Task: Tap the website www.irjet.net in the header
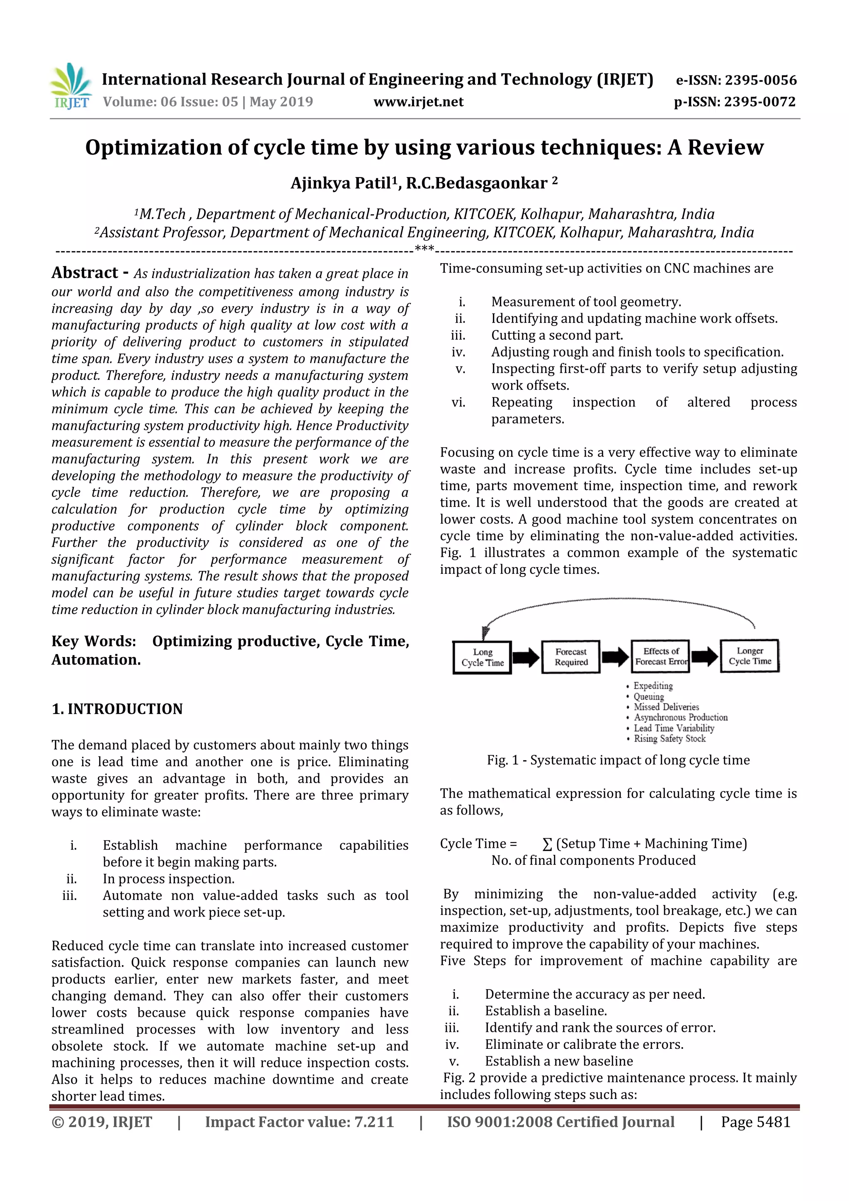click(x=418, y=102)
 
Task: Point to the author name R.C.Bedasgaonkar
click(x=477, y=183)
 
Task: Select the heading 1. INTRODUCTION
click(x=117, y=709)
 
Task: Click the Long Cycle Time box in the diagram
click(x=482, y=657)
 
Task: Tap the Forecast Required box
click(x=571, y=657)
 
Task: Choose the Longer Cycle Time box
click(x=749, y=655)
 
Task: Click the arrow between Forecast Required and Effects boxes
click(x=615, y=657)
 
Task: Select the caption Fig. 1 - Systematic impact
click(x=618, y=759)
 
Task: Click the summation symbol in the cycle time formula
click(x=547, y=844)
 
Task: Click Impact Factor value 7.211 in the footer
click(x=299, y=1121)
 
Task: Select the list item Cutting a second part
click(x=557, y=335)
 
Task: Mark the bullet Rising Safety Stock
click(x=669, y=739)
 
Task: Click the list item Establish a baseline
click(x=546, y=1011)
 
